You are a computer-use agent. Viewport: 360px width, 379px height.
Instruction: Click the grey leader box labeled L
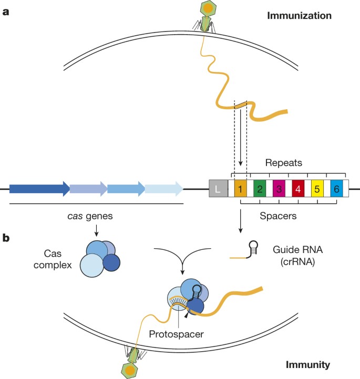coord(218,188)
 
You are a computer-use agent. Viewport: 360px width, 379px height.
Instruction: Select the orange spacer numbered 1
coord(241,188)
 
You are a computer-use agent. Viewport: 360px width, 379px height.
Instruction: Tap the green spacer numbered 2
coord(260,188)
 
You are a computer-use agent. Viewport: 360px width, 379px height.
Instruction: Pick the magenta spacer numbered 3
coord(279,188)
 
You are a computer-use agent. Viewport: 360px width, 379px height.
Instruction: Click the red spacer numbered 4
coord(298,188)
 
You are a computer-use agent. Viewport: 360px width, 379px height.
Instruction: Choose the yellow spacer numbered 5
coord(317,188)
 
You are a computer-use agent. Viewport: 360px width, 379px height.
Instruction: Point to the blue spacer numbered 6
coord(336,188)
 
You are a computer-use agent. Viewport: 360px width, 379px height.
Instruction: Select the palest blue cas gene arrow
coord(164,188)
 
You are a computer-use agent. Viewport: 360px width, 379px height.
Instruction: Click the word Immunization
coord(299,16)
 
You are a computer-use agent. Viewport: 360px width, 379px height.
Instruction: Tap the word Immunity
coord(308,365)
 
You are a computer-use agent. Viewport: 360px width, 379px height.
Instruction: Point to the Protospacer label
coord(176,334)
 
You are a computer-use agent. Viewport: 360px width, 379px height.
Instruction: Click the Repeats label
coord(284,163)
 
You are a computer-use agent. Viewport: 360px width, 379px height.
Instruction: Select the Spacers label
coord(278,216)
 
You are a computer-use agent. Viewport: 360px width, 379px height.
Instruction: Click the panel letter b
coord(6,238)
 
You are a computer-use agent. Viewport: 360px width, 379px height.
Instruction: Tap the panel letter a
coord(6,12)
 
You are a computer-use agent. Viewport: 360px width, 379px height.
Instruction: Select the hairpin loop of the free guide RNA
coord(253,245)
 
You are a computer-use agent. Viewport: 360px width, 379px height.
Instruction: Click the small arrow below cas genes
coord(97,230)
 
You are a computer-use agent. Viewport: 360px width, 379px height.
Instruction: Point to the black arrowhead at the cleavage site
coord(186,315)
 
